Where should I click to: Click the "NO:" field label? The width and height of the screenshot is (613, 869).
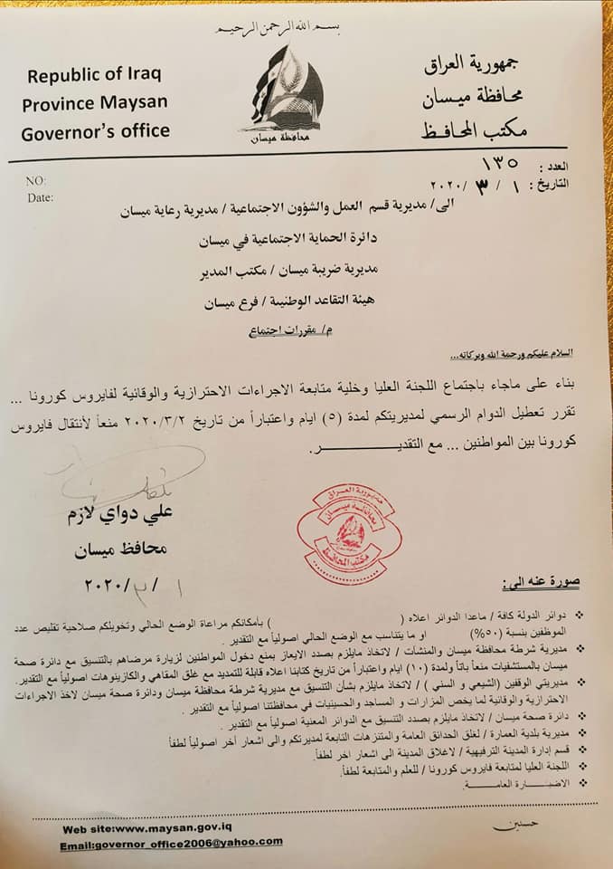pyautogui.click(x=37, y=181)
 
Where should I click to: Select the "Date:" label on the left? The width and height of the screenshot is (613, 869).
pyautogui.click(x=41, y=196)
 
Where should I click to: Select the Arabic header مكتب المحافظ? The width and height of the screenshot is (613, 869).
pyautogui.click(x=475, y=130)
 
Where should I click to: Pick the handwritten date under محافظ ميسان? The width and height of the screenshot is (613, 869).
pyautogui.click(x=127, y=581)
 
